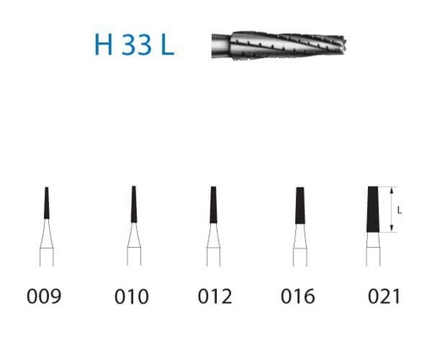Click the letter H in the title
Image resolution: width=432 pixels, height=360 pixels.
point(104,45)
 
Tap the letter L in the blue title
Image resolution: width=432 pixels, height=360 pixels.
point(168,45)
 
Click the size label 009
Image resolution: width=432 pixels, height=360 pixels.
point(44,296)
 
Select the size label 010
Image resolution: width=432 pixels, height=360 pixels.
point(132,297)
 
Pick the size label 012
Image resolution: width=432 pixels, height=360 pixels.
point(215,296)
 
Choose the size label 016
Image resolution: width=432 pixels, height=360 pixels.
point(298,296)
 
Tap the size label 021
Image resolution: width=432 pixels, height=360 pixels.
point(384,296)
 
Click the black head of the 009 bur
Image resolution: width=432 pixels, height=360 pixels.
point(46,203)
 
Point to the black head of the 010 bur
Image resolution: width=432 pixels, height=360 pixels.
point(134,204)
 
